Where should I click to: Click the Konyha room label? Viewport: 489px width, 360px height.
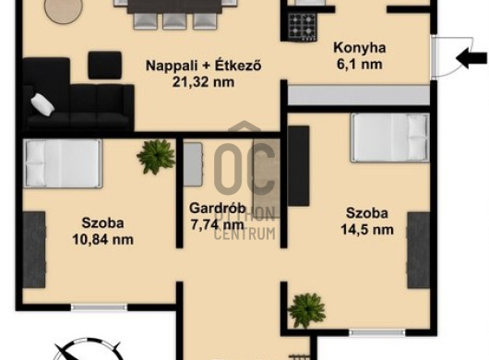click(x=360, y=48)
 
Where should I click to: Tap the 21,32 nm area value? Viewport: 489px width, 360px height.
click(x=203, y=82)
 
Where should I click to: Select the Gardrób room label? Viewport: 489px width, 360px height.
click(x=218, y=208)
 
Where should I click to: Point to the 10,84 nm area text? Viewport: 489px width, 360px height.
click(x=103, y=240)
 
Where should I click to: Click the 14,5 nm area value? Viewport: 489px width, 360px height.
click(x=367, y=230)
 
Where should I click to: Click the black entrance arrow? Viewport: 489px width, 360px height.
click(x=471, y=58)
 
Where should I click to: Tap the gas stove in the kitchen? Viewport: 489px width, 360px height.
click(x=303, y=27)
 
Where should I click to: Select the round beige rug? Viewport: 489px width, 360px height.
click(x=64, y=10)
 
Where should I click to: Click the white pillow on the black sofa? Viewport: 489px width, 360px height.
click(x=42, y=104)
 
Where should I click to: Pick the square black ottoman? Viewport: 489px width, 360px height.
click(x=105, y=66)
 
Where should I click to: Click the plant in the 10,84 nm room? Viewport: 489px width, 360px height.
click(x=156, y=156)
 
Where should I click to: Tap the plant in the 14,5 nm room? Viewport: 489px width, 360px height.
click(x=306, y=310)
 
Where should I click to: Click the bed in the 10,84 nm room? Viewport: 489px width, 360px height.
click(x=63, y=163)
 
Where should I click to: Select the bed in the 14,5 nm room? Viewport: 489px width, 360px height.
click(x=390, y=138)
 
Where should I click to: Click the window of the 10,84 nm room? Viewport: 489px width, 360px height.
click(x=99, y=307)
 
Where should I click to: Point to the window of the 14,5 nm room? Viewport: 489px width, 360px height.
click(x=377, y=333)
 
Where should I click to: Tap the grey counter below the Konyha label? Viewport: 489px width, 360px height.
click(x=359, y=95)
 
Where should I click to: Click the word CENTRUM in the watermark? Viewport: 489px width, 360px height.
click(x=244, y=234)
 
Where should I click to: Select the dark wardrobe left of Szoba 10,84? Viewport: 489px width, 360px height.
click(x=34, y=250)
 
